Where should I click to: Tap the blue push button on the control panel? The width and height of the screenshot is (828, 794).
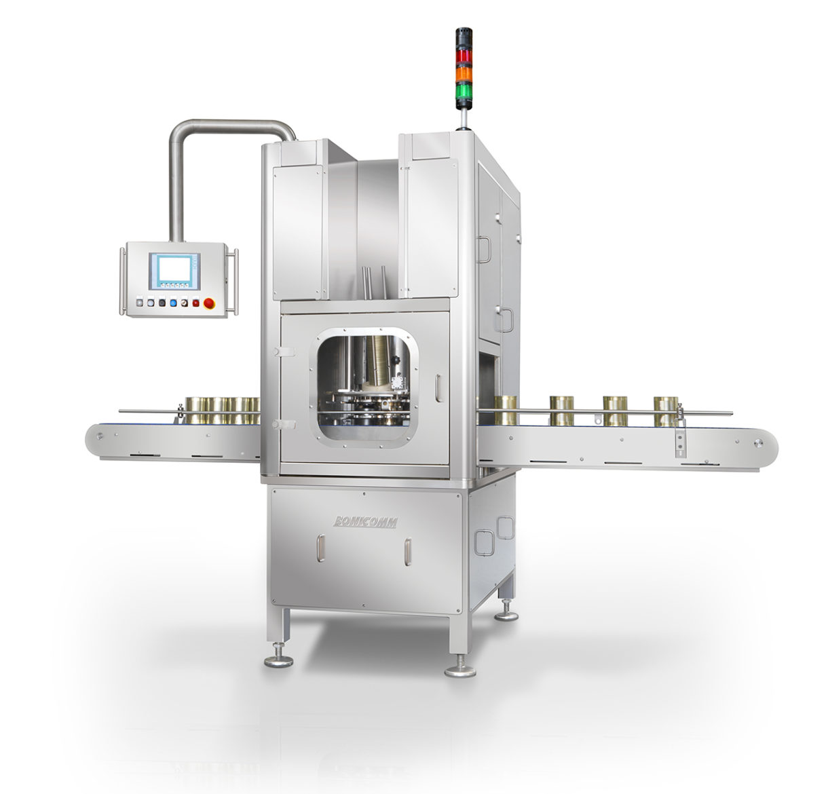[174, 303]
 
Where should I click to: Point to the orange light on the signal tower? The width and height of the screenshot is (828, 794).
[464, 71]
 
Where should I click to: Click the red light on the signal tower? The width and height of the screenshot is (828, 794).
[464, 54]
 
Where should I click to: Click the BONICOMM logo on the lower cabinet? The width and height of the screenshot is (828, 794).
[366, 522]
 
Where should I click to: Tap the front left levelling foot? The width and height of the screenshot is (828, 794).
[278, 659]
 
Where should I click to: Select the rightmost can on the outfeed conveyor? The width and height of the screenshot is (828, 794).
[666, 411]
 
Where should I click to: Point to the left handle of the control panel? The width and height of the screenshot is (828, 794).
[123, 281]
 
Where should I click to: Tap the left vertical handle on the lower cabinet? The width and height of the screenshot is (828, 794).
[322, 549]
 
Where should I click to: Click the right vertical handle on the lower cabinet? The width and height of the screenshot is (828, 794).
[407, 552]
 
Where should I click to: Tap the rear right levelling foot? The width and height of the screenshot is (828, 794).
[506, 614]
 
